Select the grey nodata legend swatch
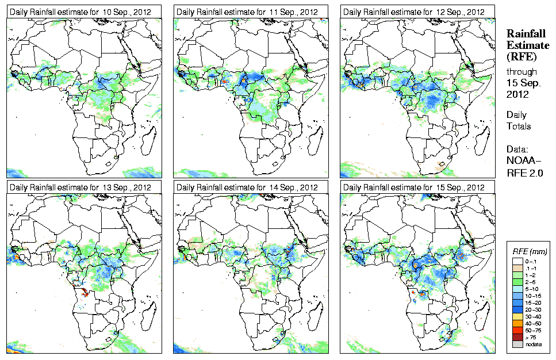(x=517, y=343)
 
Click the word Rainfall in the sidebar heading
(x=524, y=34)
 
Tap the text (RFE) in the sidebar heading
(x=521, y=56)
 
